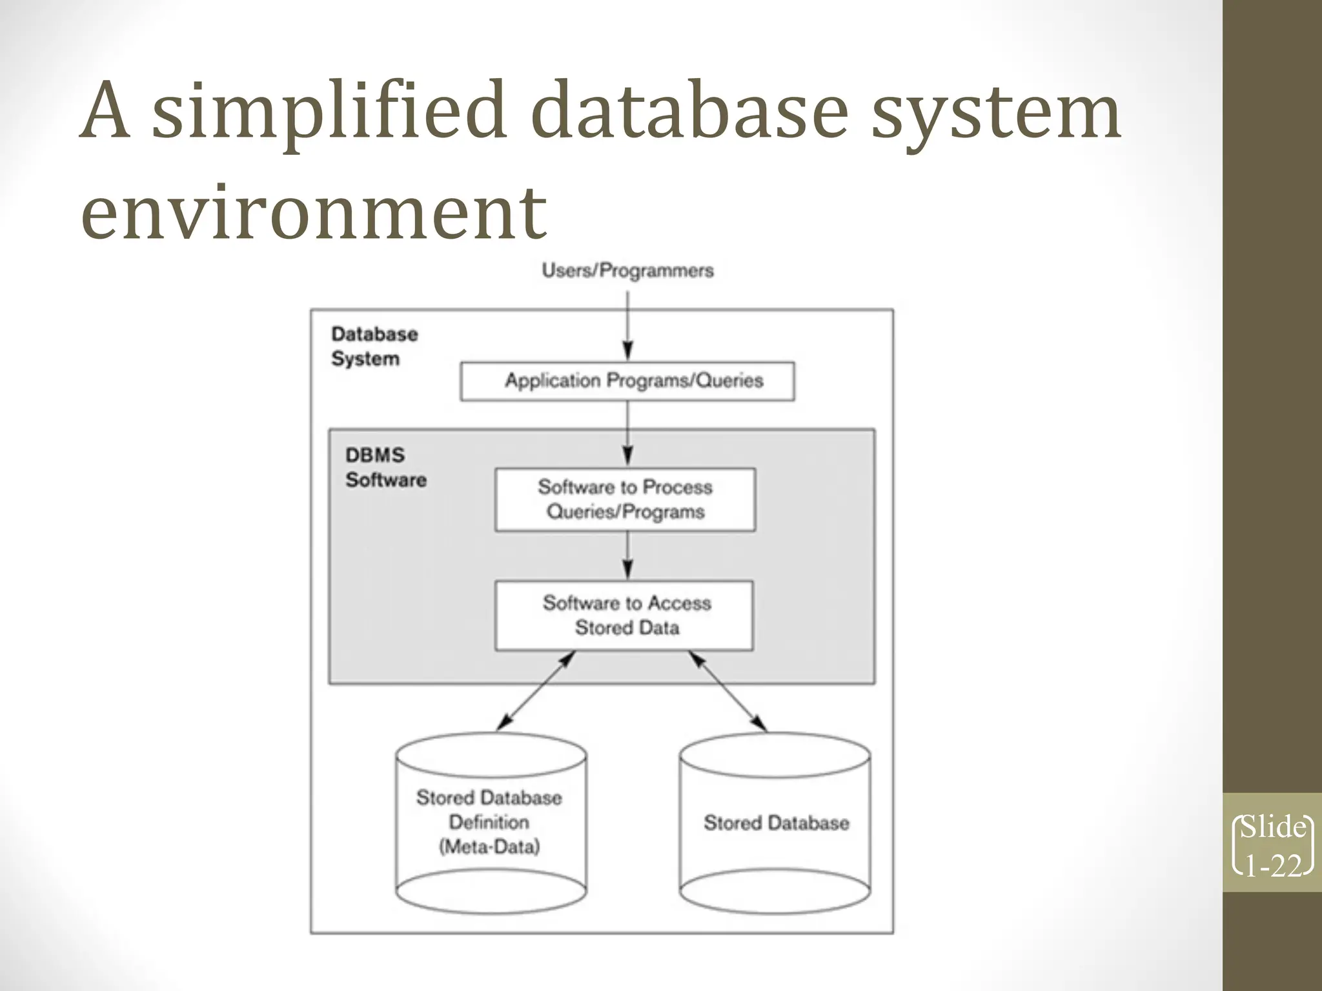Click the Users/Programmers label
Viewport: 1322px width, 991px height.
point(627,270)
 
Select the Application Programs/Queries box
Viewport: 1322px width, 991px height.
point(627,381)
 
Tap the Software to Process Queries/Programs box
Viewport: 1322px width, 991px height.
point(625,499)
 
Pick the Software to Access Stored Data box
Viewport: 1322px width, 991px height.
point(624,615)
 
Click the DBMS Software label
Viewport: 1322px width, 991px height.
point(385,467)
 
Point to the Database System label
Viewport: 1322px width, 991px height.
point(374,346)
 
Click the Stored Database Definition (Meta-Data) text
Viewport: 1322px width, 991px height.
point(489,822)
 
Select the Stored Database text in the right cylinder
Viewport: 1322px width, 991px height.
point(776,823)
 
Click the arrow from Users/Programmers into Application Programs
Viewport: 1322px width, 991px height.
point(628,326)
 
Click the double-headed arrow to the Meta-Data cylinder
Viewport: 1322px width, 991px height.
point(536,690)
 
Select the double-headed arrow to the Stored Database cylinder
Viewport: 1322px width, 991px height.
point(727,690)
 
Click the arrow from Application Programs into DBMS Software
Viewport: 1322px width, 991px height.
point(628,433)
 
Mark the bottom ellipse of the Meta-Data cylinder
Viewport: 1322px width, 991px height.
point(491,894)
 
